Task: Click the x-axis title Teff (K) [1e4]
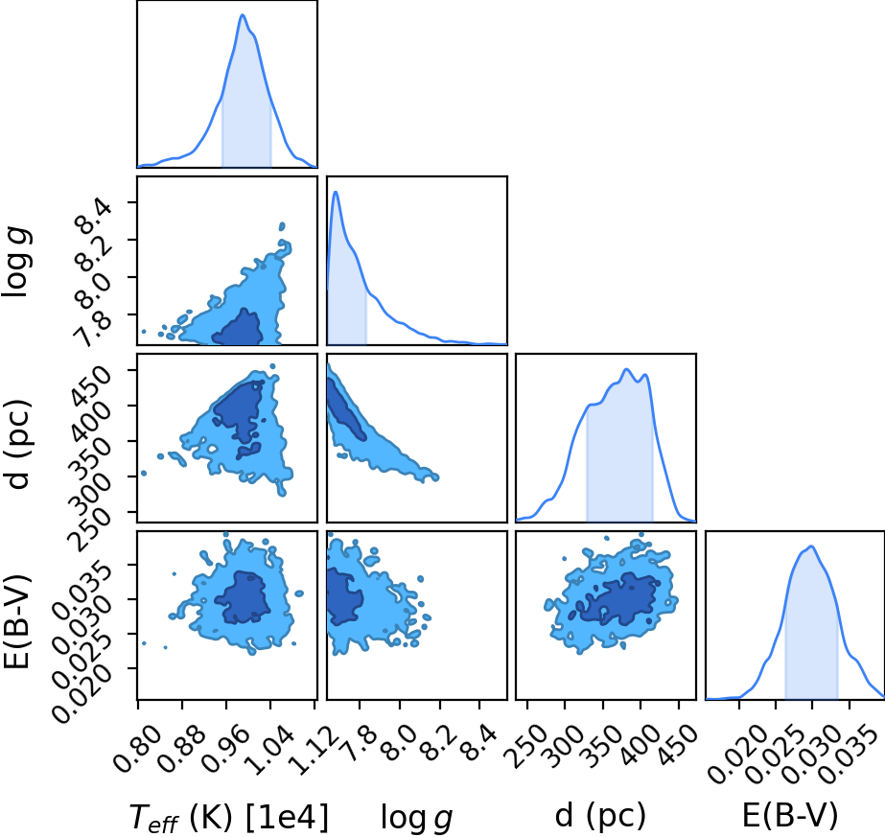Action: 228,817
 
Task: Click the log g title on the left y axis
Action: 17,262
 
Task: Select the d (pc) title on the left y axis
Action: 17,444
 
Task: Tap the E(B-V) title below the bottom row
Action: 790,816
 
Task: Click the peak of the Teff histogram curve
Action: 243,14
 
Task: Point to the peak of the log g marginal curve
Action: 336,192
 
